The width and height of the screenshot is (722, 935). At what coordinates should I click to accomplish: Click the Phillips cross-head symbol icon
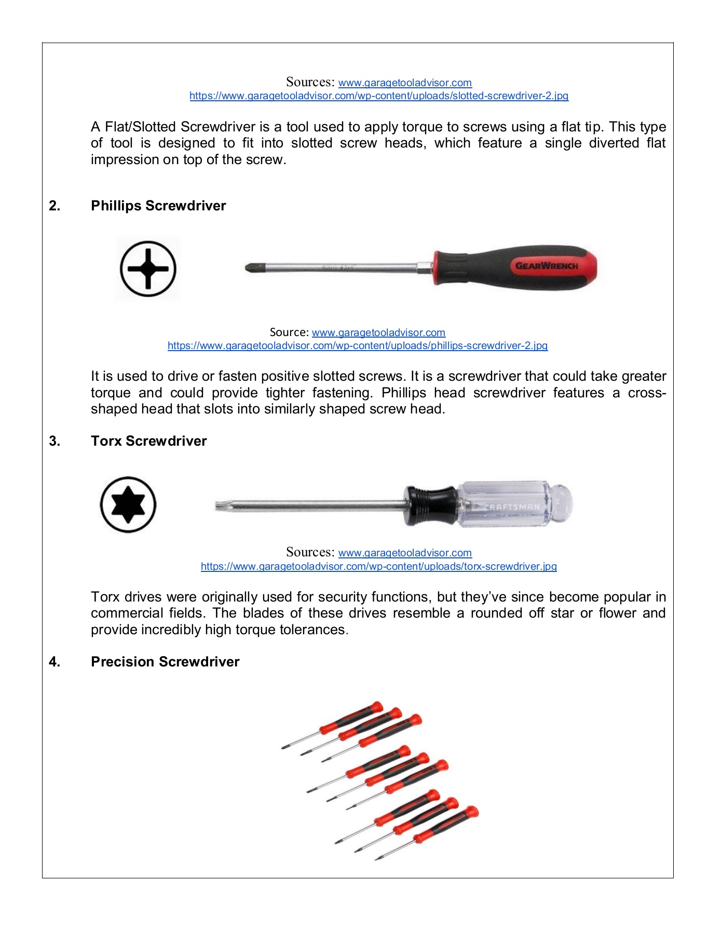click(x=148, y=269)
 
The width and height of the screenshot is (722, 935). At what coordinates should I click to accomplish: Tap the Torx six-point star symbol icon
click(x=128, y=504)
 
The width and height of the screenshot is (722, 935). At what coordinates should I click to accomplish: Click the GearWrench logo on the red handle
click(x=546, y=265)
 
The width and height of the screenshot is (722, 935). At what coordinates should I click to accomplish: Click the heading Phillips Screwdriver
click(x=158, y=206)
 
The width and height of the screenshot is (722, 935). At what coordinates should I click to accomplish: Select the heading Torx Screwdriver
click(x=148, y=441)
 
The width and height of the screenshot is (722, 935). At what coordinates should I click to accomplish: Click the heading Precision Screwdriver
click(x=165, y=662)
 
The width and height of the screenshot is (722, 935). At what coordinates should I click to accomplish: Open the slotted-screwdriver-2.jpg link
click(x=378, y=96)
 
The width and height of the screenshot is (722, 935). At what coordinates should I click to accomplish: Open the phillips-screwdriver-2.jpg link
click(x=357, y=345)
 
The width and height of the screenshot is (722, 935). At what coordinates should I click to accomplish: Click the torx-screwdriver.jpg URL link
click(x=378, y=566)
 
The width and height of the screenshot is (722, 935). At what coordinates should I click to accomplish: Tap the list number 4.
click(x=55, y=662)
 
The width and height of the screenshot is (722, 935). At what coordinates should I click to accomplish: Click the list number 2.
click(x=55, y=206)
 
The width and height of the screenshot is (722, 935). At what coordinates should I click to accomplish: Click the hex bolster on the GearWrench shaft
click(x=425, y=268)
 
